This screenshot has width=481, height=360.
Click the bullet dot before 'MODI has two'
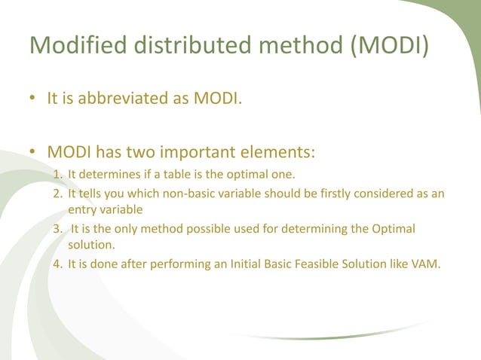(32, 154)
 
